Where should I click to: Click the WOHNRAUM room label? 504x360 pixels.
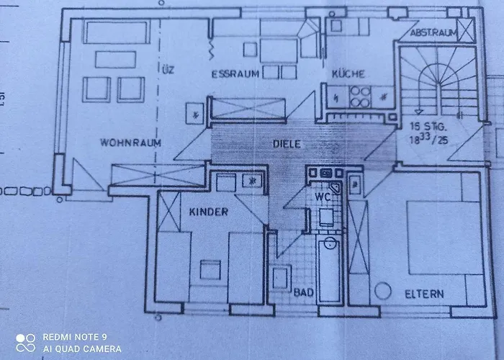[130, 143]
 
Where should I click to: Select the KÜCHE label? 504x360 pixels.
[348, 74]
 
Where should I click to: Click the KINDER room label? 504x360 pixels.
[209, 212]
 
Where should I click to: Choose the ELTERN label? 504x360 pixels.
[424, 294]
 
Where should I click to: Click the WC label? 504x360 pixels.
[321, 196]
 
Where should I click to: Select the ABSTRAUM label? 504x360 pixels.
[433, 34]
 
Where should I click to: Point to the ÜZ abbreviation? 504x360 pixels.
[168, 70]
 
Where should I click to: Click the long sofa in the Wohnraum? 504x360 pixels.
[116, 32]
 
